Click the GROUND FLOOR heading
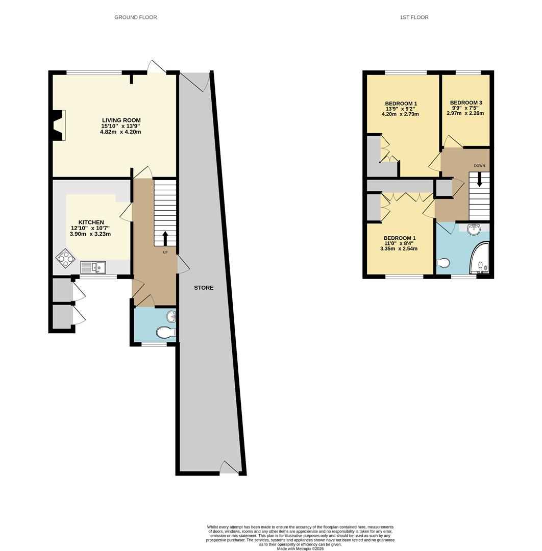coord(135,17)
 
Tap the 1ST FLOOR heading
coord(414,17)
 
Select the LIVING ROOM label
coord(120,120)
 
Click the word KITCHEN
coord(91,222)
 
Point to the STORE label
coord(204,288)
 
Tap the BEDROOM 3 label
coord(465,103)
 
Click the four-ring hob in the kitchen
coord(65,258)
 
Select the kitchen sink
coord(93,266)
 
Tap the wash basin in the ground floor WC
coord(172,317)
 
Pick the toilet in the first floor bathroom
coord(443,263)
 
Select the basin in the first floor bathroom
coord(474,229)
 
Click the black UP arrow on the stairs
coord(165,238)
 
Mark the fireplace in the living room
coord(58,125)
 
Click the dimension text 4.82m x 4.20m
coord(120,132)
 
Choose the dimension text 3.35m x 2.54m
coord(400,249)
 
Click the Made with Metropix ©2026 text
coord(300,548)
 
